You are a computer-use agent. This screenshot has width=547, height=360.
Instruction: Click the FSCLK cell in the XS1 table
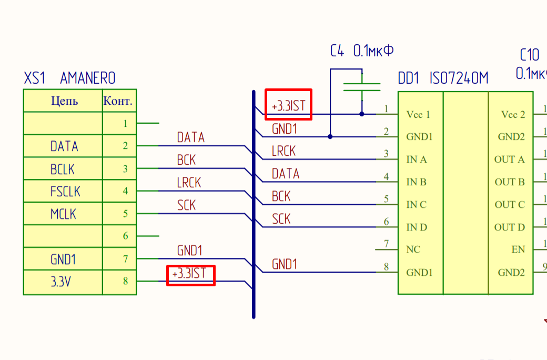65,191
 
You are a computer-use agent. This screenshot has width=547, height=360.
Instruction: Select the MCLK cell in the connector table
63,214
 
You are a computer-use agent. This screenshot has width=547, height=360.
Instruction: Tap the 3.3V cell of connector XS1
61,282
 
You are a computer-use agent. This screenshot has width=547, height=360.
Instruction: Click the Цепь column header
64,101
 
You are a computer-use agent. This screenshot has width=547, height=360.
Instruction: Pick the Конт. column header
118,101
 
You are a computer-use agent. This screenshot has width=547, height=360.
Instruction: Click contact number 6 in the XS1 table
125,236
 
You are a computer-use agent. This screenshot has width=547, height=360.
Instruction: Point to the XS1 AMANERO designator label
69,78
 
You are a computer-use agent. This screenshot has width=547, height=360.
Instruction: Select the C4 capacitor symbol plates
361,87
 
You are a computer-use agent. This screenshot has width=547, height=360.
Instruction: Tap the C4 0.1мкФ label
362,51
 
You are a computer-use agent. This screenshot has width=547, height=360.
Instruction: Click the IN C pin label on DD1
417,205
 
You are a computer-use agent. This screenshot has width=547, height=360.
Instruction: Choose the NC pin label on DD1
413,249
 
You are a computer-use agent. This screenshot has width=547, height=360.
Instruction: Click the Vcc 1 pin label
418,114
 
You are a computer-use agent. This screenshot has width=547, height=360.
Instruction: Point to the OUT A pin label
509,159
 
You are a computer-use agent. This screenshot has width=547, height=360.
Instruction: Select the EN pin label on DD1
518,249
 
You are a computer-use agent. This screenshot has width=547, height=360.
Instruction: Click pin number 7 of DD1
387,244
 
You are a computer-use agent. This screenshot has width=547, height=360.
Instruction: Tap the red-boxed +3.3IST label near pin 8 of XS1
190,275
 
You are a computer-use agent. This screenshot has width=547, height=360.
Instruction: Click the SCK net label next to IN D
281,218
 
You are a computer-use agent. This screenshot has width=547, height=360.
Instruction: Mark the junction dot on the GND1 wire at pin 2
330,137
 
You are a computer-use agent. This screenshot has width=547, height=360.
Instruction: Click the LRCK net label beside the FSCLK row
189,183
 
